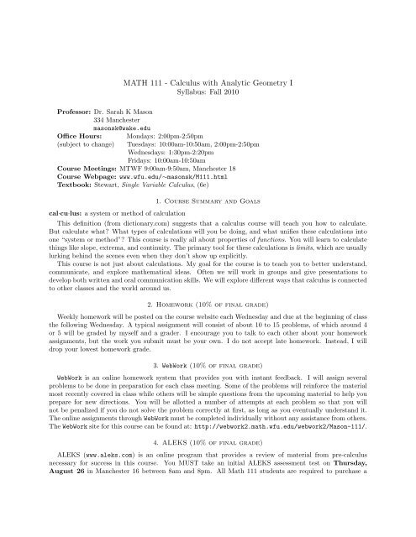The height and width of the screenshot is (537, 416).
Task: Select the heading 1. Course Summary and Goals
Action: pos(207,211)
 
